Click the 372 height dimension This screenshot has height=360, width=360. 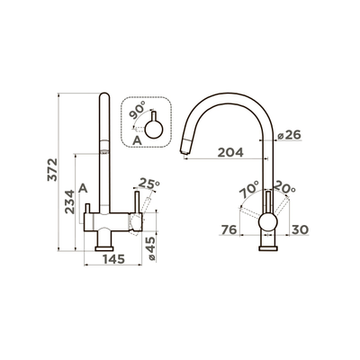[52, 169]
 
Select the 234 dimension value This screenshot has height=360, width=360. [70, 202]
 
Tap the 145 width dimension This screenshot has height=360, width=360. [113, 259]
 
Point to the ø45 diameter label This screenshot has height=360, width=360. [151, 248]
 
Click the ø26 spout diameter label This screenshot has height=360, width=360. [289, 135]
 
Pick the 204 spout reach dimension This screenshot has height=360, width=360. [230, 153]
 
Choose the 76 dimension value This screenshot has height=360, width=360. [229, 230]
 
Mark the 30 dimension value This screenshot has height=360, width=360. [300, 230]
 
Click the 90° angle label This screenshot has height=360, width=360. [138, 110]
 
